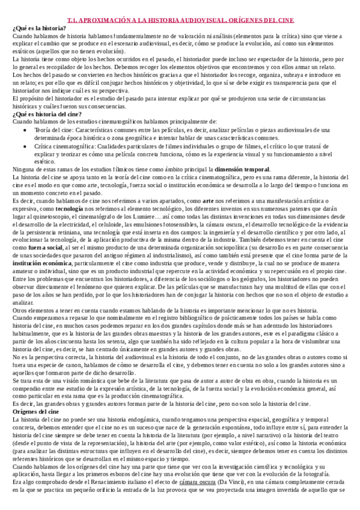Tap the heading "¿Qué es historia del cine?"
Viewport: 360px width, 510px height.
point(44,114)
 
